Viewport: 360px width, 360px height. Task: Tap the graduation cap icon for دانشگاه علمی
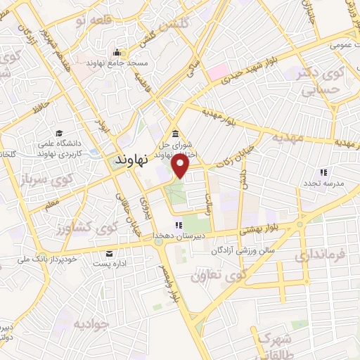(60, 134)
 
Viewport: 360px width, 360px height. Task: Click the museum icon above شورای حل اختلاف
(174, 135)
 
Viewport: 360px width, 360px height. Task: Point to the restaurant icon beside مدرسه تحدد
(323, 172)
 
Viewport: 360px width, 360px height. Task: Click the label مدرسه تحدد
(323, 184)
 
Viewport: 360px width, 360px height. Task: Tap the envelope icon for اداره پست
(109, 254)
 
